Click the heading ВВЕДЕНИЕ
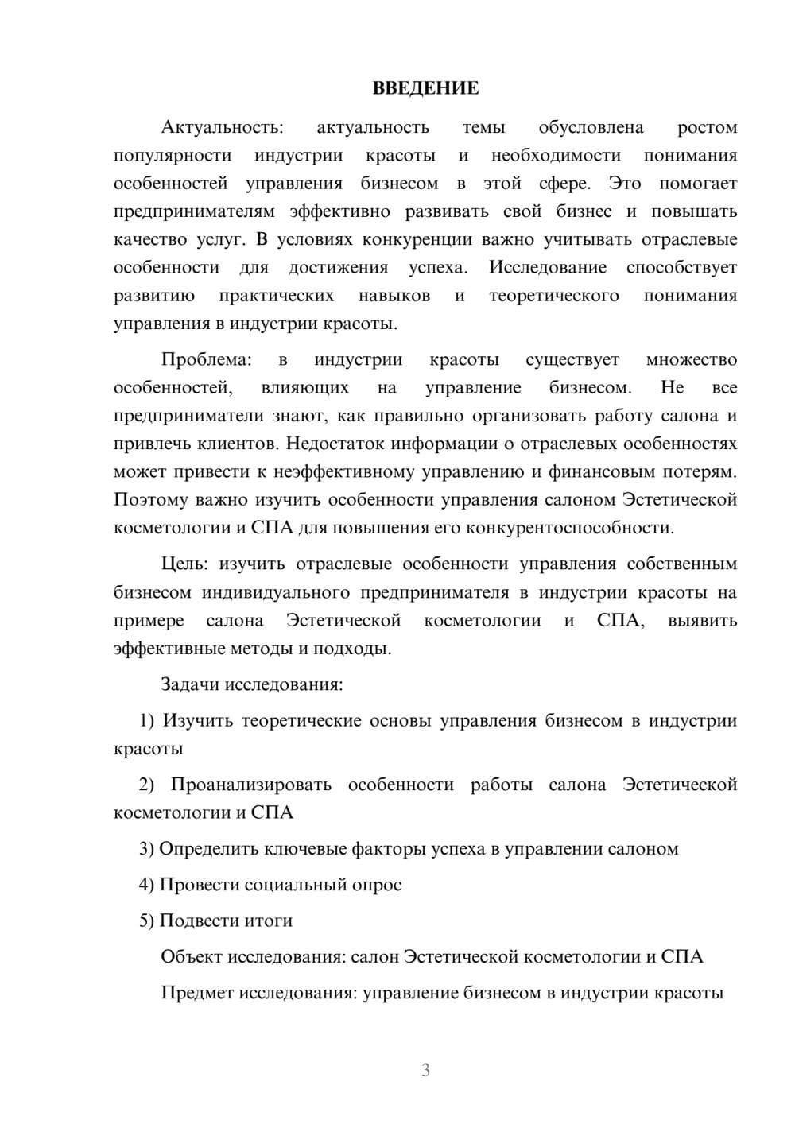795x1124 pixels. click(x=425, y=88)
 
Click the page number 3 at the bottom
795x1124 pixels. click(x=425, y=1070)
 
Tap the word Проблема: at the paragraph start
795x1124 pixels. click(x=206, y=359)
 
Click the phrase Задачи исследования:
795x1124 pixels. click(x=251, y=684)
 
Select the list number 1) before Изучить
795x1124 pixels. click(x=147, y=720)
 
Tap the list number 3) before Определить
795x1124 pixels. click(x=147, y=848)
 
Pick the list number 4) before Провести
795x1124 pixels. click(x=147, y=884)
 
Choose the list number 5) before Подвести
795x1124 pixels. click(x=147, y=921)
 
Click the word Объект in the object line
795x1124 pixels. click(x=192, y=956)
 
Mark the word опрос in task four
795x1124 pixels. click(x=377, y=884)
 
